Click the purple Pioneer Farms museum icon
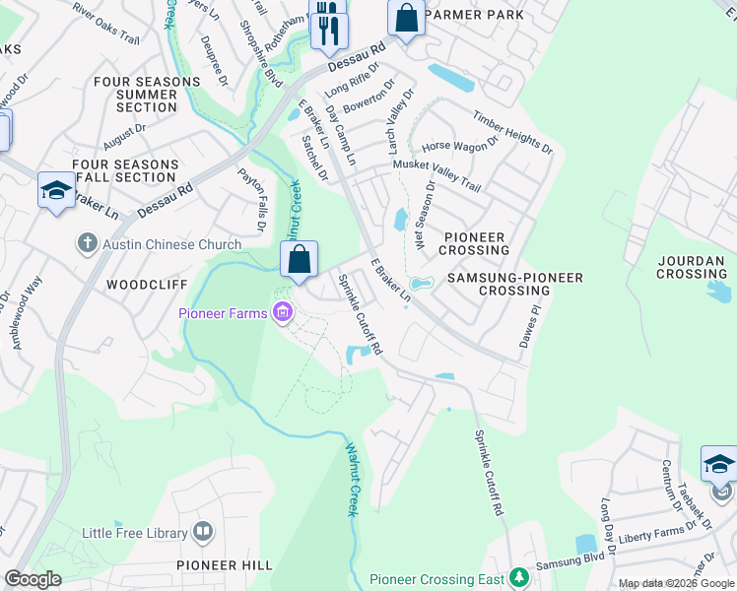[x=283, y=314]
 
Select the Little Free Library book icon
[x=202, y=533]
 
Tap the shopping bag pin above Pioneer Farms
[x=300, y=261]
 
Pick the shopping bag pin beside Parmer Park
[x=406, y=17]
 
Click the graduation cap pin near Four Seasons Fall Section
[x=56, y=191]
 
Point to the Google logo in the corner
[x=33, y=579]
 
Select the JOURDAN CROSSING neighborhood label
[x=692, y=266]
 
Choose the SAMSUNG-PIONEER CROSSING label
[x=514, y=285]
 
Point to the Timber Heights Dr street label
[x=512, y=131]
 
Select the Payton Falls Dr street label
[x=251, y=200]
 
